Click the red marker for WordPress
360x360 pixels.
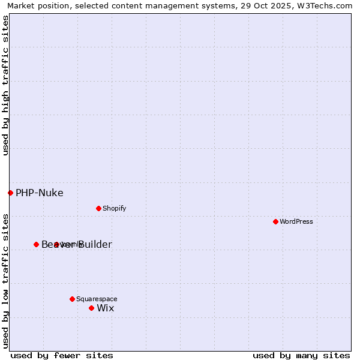tap(275, 221)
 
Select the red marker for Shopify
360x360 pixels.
tap(98, 208)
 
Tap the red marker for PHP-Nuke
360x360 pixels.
tap(10, 193)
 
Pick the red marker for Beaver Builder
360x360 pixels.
tap(36, 244)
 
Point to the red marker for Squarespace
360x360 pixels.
tap(72, 299)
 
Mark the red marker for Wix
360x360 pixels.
tap(91, 308)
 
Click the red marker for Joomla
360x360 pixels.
tap(56, 244)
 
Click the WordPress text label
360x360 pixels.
tap(296, 221)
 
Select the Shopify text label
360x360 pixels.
tap(114, 208)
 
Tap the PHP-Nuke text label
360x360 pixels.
tap(40, 193)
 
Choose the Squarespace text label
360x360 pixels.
tap(97, 299)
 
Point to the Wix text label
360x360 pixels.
tap(106, 308)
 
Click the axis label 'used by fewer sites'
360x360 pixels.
tap(62, 355)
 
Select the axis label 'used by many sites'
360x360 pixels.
tap(301, 355)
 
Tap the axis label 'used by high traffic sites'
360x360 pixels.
tap(5, 85)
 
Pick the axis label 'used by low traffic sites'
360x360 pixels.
tap(5, 280)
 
